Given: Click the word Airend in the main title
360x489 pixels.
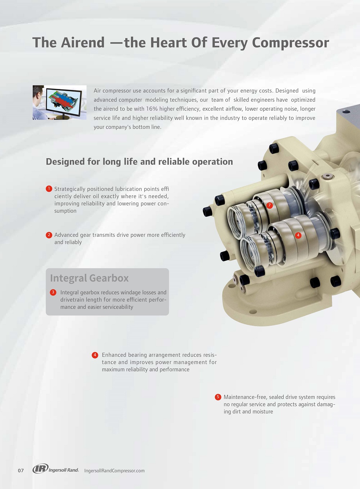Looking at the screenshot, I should click(x=83, y=43).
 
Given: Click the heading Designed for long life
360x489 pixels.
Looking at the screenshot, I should click(x=139, y=161).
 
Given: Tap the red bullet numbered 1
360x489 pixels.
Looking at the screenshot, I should click(x=49, y=189).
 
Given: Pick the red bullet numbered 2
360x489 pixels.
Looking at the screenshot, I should click(x=49, y=235).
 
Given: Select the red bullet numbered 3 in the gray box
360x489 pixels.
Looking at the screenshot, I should click(x=53, y=292).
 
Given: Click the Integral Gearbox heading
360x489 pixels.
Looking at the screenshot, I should click(x=89, y=278).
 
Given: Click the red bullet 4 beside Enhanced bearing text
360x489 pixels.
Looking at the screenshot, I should click(x=95, y=355).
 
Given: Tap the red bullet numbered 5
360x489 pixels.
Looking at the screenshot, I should click(x=218, y=397).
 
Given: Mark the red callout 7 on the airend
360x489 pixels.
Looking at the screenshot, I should click(x=269, y=205).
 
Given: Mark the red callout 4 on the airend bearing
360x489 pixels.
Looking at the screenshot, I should click(x=298, y=235).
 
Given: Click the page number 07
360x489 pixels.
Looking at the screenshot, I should click(x=21, y=471).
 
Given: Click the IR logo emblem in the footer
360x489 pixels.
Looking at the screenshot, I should click(x=40, y=468).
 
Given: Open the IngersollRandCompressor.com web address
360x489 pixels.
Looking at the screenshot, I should click(x=114, y=471).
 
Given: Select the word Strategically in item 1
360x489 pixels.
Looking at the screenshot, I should click(x=69, y=189).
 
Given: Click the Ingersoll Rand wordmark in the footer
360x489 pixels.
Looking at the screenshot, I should click(x=63, y=470).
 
